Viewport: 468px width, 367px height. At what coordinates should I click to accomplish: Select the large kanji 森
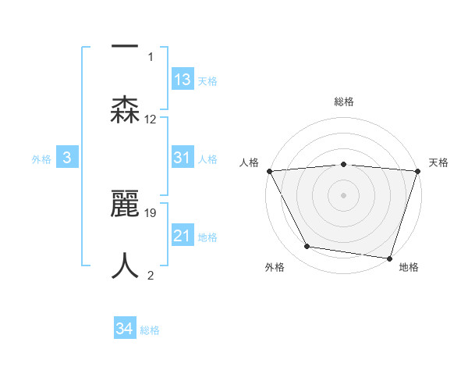click(x=125, y=109)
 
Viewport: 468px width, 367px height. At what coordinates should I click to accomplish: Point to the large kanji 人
click(x=125, y=265)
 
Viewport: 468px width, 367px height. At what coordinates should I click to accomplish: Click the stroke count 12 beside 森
click(x=151, y=119)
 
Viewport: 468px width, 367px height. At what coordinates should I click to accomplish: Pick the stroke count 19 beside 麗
click(x=151, y=212)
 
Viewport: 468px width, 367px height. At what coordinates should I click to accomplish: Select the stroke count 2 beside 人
click(x=151, y=275)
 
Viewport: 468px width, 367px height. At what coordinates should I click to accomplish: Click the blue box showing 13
click(x=182, y=80)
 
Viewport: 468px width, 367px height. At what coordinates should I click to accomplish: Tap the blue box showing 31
click(x=182, y=158)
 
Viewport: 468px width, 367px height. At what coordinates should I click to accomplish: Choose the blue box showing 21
click(x=182, y=236)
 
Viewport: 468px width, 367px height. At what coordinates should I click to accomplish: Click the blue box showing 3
click(x=67, y=158)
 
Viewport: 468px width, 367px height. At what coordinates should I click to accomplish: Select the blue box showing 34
click(x=124, y=330)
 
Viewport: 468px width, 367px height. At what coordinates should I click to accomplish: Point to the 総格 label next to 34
click(x=150, y=330)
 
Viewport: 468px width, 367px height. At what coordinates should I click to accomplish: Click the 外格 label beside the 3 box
click(x=41, y=159)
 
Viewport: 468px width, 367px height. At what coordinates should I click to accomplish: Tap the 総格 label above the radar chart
click(x=343, y=102)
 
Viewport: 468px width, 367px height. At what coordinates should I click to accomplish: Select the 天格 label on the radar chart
click(x=439, y=162)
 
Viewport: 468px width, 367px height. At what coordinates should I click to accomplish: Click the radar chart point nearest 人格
click(x=269, y=170)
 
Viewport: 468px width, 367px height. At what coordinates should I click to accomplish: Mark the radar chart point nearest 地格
click(x=389, y=258)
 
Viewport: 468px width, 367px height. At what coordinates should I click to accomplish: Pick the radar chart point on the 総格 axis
click(x=343, y=164)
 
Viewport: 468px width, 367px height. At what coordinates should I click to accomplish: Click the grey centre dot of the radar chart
click(x=343, y=194)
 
